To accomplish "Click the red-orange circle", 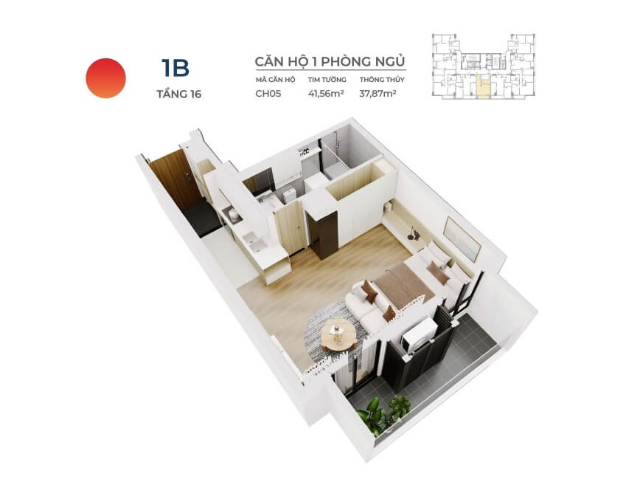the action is (x=105, y=78).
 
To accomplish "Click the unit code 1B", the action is (x=175, y=68).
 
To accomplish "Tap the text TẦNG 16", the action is (x=178, y=94).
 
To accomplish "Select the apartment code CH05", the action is (x=268, y=94).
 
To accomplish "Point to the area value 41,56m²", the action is (x=326, y=94).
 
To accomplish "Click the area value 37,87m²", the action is (x=378, y=94).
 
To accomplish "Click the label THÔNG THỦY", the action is (x=382, y=80).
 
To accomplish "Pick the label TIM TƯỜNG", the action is (x=327, y=80).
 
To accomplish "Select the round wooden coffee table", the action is (x=338, y=334).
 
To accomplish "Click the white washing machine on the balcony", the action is (x=418, y=334).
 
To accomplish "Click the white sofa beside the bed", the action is (x=369, y=304).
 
